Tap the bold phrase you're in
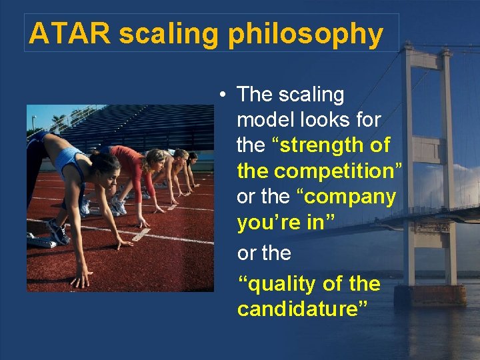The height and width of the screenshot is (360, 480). coord(280,223)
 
